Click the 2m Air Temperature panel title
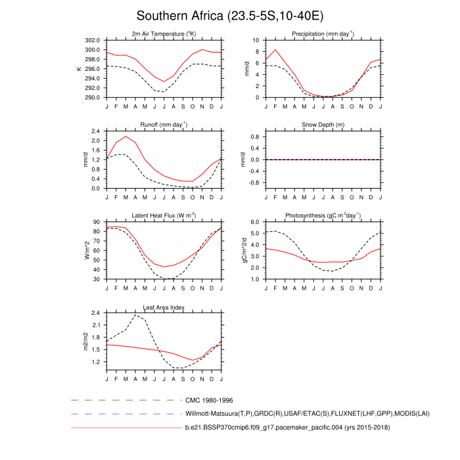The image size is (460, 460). coord(164,34)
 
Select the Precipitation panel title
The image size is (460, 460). coord(323,34)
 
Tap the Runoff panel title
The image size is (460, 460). coord(164,124)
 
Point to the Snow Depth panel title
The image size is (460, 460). coord(323,124)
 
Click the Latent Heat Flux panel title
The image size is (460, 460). coord(164,216)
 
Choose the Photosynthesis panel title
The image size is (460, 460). coord(323,216)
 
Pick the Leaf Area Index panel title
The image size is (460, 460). coord(164,307)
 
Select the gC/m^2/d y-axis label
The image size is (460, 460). coord(243,250)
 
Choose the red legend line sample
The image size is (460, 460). coord(125,428)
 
